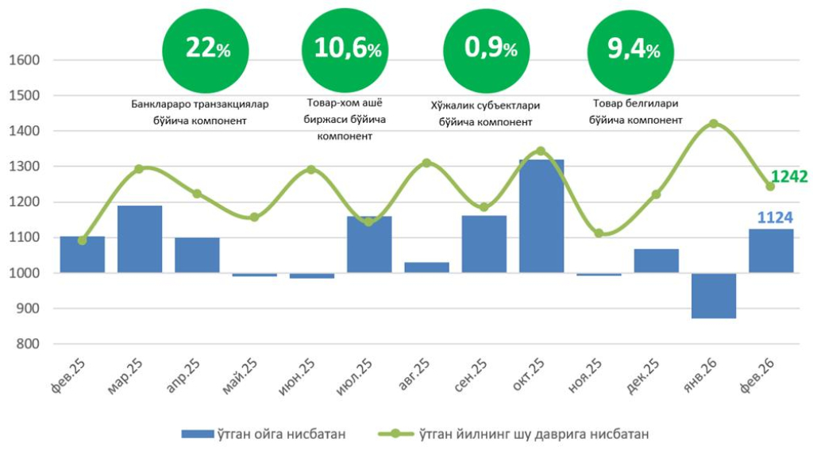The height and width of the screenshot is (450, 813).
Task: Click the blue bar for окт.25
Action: coord(541,216)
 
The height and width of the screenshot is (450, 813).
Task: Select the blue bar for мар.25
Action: coord(140,239)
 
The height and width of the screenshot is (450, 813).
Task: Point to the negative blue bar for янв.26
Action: coord(713,295)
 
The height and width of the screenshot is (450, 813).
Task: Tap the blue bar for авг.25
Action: coord(426,267)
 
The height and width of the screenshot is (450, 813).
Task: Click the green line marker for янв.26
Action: coord(713,124)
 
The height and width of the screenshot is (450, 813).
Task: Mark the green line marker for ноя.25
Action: coord(599,233)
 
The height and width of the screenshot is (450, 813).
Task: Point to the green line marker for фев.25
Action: coord(83,240)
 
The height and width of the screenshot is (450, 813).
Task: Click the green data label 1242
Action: coord(788,177)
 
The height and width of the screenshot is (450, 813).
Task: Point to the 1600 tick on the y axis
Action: coord(24,60)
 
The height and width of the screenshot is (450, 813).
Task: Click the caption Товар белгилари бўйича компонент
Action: coord(635,112)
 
